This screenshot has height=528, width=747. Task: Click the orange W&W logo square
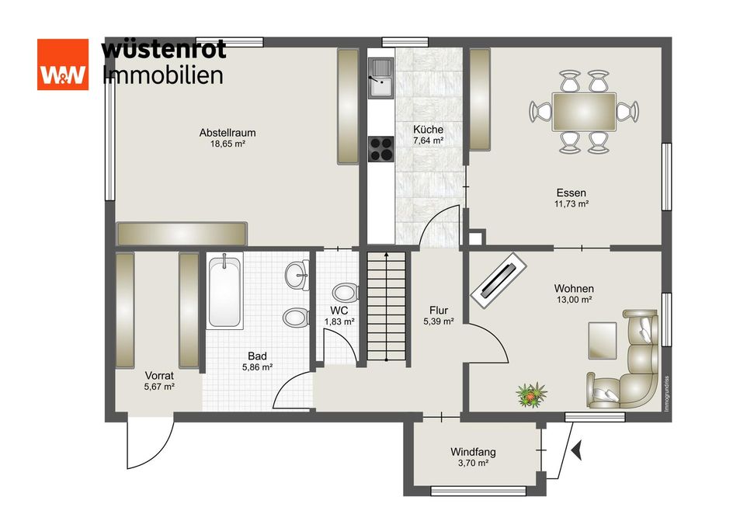(x=63, y=64)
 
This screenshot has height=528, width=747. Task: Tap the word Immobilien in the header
(x=163, y=75)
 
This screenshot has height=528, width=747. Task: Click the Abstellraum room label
(x=227, y=133)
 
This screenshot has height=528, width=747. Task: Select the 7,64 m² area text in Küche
(x=428, y=141)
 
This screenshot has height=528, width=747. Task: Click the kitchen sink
(x=381, y=80)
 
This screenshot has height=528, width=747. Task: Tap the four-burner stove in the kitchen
(x=381, y=148)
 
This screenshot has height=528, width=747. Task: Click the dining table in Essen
(x=584, y=110)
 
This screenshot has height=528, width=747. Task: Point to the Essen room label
(x=571, y=193)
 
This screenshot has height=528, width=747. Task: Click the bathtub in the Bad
(x=224, y=291)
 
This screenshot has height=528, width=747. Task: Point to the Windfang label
(x=473, y=452)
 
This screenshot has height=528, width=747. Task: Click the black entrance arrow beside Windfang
(x=575, y=450)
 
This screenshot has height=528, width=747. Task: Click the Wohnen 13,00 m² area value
(x=575, y=299)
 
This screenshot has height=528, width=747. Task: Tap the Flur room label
(x=438, y=310)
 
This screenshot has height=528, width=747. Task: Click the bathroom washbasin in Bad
(x=296, y=274)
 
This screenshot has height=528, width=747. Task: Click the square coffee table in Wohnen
(x=603, y=339)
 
